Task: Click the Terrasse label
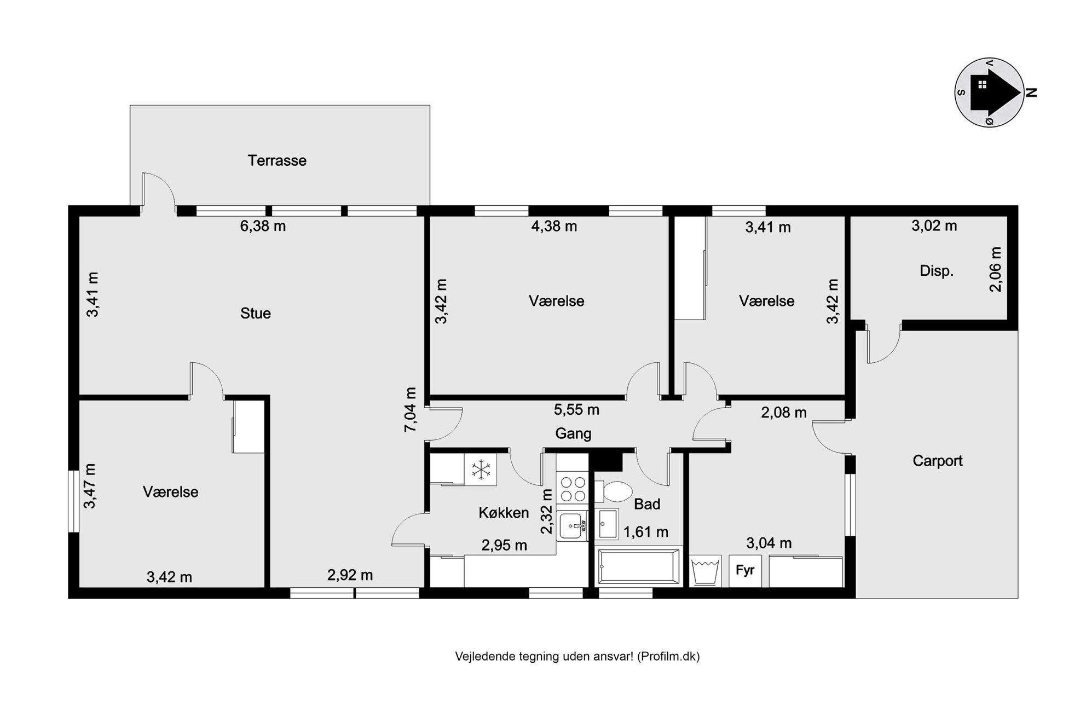tap(277, 160)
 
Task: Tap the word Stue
tap(256, 313)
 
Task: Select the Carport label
tap(937, 461)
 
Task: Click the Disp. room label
tap(937, 271)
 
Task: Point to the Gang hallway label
tap(573, 434)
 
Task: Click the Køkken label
tap(504, 513)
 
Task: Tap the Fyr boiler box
tap(745, 571)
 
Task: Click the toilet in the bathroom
tap(614, 491)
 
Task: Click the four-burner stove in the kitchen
tap(573, 489)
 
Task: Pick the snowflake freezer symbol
tap(481, 470)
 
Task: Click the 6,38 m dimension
tap(263, 226)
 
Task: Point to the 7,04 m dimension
tap(410, 410)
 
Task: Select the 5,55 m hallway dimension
tap(576, 409)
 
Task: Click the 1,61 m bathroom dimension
tap(646, 532)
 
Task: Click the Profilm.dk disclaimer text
tap(577, 656)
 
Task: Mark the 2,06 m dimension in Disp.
tap(996, 269)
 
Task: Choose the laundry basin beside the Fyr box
tap(705, 571)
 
